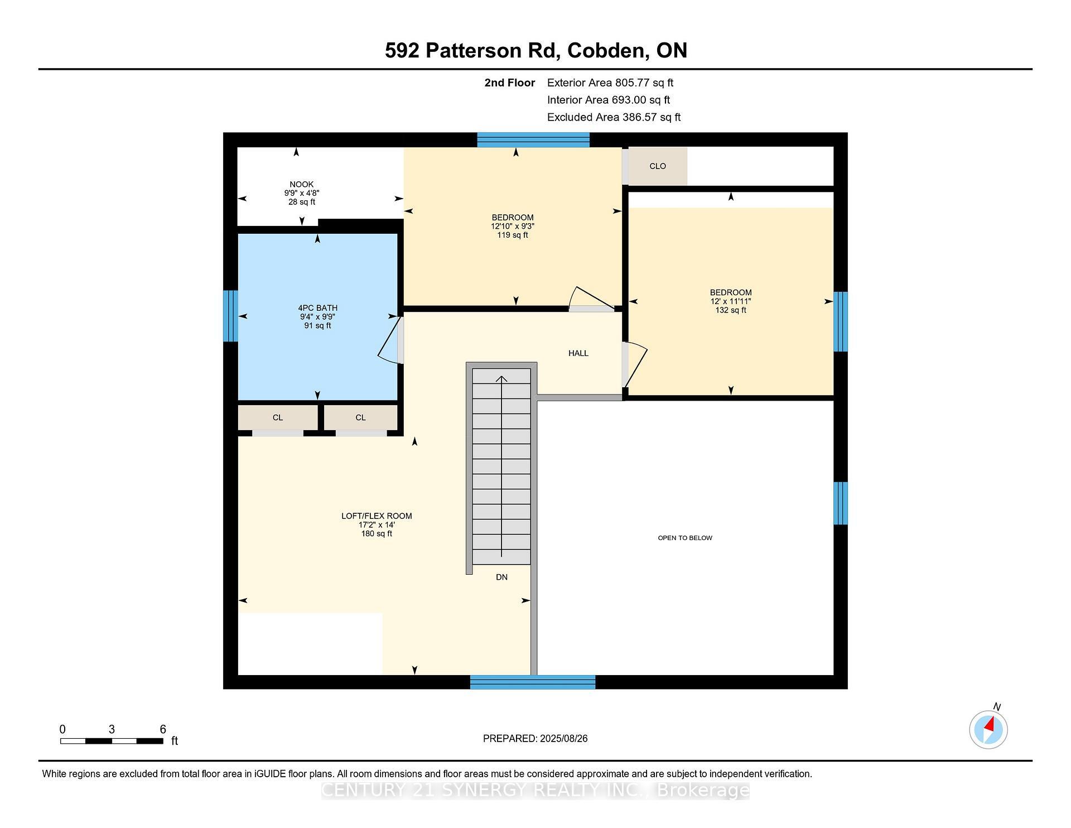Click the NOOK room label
[301, 184]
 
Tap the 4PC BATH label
[317, 308]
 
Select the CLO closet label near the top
[658, 166]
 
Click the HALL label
[578, 353]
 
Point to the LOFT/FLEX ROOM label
[377, 516]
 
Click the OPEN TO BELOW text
[685, 538]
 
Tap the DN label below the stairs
[501, 577]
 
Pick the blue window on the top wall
[533, 139]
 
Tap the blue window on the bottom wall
[533, 682]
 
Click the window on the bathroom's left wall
[230, 316]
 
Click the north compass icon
[988, 729]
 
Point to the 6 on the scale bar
[163, 729]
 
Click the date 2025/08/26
[563, 739]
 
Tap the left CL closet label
[278, 417]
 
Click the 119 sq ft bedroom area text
[513, 235]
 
